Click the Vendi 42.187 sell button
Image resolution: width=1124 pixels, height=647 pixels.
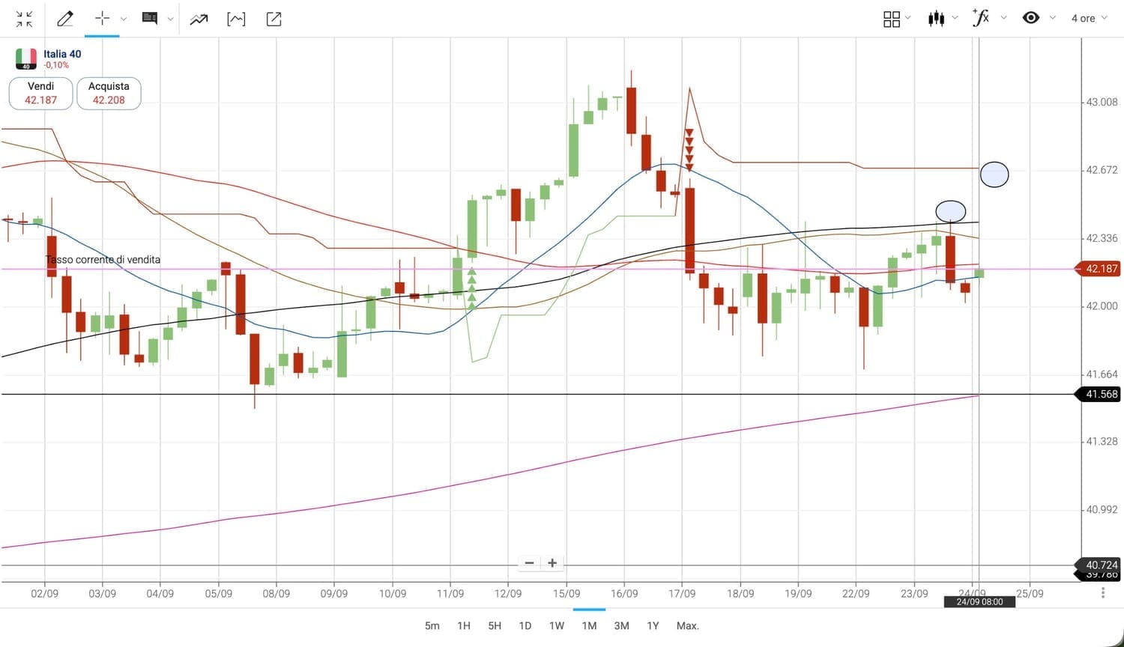point(40,94)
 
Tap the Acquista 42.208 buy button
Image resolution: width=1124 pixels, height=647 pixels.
point(109,94)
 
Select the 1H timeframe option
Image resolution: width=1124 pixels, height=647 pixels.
point(464,625)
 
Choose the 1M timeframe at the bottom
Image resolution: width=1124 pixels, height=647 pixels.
point(589,625)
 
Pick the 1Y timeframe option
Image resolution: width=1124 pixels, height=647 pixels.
point(653,625)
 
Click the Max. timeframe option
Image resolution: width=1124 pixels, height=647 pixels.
point(687,625)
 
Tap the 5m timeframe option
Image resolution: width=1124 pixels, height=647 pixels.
point(432,625)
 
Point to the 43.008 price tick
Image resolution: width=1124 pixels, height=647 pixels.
point(1102,102)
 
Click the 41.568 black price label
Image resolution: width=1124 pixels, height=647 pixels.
point(1101,394)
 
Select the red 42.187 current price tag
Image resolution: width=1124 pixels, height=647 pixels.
point(1101,268)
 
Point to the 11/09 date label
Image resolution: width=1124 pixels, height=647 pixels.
point(450,593)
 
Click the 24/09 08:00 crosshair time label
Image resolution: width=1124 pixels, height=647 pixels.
point(979,602)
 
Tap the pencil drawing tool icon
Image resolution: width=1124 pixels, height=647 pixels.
point(65,19)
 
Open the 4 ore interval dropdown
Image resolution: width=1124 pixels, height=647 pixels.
point(1088,19)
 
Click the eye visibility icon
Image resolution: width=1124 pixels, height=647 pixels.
point(1031,18)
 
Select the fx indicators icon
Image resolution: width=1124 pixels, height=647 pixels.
point(980,18)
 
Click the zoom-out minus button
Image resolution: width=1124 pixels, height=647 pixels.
point(529,563)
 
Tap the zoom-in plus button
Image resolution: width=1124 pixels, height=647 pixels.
point(552,563)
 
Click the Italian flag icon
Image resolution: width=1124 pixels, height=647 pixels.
point(26,58)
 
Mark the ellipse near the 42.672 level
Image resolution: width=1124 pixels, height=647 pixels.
point(994,174)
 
